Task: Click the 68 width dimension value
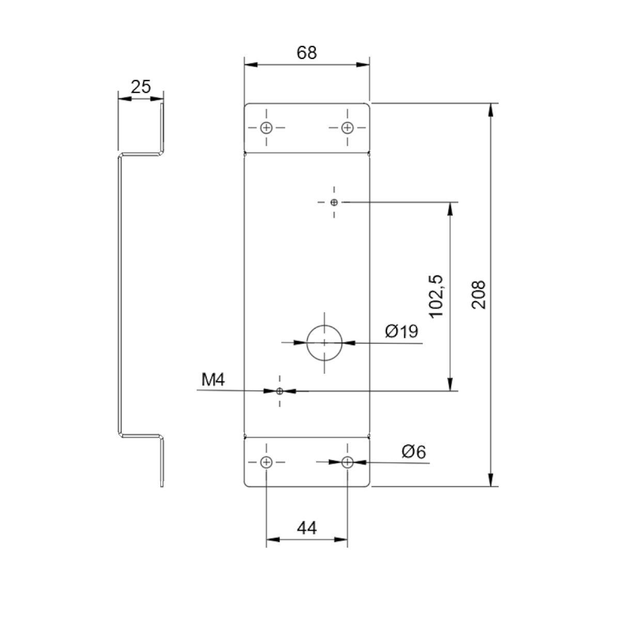pos(306,53)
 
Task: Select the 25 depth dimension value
pos(141,87)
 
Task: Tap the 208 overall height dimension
pos(478,295)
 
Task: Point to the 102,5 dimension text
pos(437,297)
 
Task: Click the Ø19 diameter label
pos(401,331)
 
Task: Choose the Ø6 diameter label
pos(413,452)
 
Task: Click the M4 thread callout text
pos(213,380)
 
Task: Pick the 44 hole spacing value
pos(306,529)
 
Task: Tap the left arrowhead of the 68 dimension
pos(251,65)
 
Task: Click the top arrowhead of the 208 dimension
pos(490,110)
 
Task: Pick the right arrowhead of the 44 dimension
pos(340,539)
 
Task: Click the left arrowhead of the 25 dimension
pos(125,99)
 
